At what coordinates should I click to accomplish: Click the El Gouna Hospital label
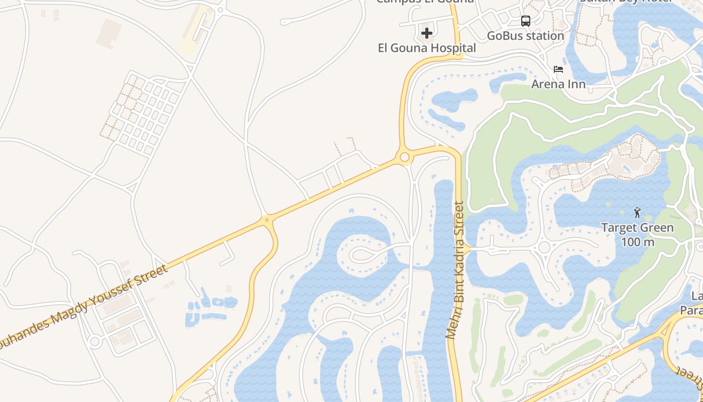(427, 48)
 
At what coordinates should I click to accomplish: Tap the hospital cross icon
(427, 34)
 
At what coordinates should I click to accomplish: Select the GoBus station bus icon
(526, 21)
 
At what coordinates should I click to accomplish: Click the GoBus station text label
(526, 36)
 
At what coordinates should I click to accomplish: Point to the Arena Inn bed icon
(558, 69)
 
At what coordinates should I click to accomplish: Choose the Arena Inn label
(558, 84)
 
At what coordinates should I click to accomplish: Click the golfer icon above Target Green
(637, 213)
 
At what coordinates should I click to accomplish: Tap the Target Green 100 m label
(638, 235)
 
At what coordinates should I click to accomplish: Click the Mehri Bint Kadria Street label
(455, 270)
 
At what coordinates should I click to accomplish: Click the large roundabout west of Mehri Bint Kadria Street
(404, 157)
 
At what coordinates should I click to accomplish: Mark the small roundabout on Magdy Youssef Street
(267, 220)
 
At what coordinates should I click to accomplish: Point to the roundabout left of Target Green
(544, 247)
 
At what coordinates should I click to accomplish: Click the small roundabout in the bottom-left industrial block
(94, 342)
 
